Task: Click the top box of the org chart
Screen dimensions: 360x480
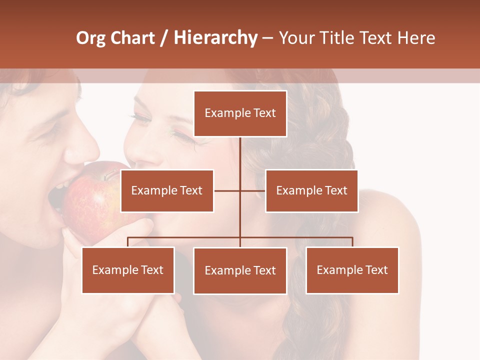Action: (x=240, y=113)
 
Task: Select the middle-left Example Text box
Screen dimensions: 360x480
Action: (x=167, y=190)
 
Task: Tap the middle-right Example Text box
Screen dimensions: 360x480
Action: (x=311, y=190)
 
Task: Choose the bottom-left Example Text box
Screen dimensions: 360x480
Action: (x=128, y=270)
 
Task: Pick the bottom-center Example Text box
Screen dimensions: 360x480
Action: (x=240, y=270)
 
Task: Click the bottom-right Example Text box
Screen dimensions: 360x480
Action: (x=352, y=270)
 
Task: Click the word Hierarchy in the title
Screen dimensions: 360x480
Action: (x=215, y=38)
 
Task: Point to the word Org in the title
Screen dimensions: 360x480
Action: (x=90, y=38)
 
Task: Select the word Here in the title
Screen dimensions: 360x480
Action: (x=416, y=38)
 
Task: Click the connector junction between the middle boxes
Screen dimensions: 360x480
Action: (x=240, y=190)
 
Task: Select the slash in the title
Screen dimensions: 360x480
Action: (x=164, y=38)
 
